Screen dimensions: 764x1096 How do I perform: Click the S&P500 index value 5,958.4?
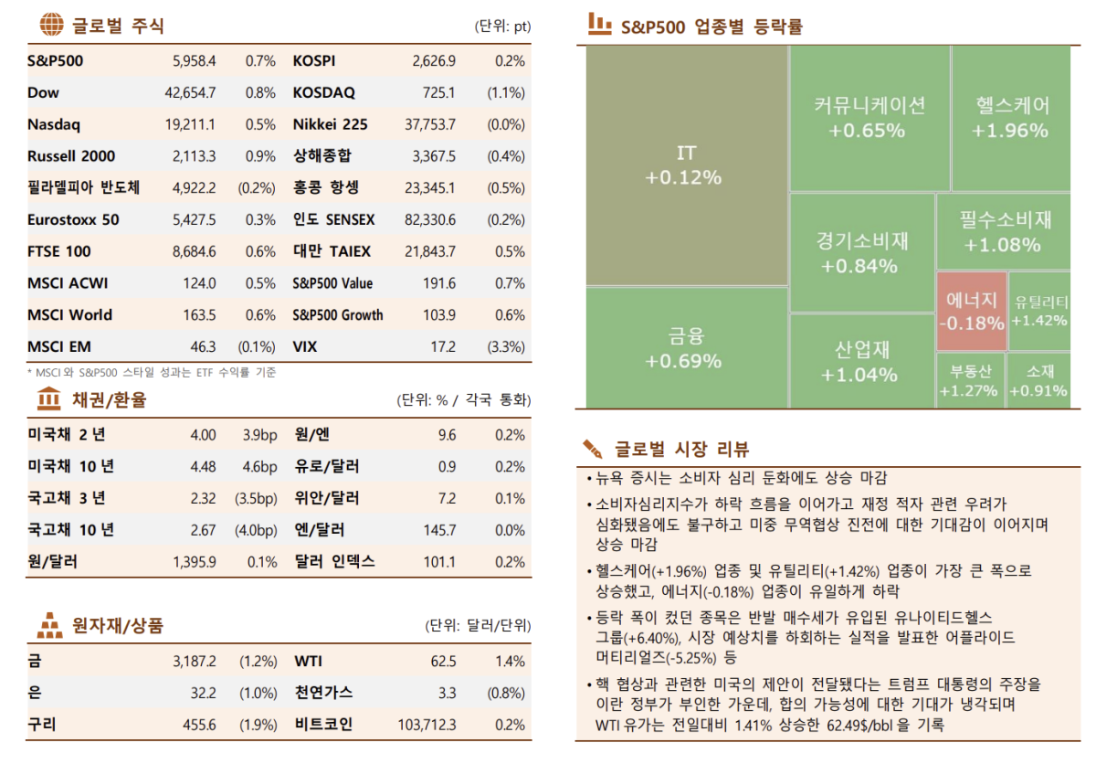coord(194,61)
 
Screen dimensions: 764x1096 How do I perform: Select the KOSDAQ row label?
coord(324,93)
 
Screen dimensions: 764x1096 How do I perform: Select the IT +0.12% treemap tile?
coord(686,165)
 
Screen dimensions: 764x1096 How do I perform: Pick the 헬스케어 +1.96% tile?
coord(1010,117)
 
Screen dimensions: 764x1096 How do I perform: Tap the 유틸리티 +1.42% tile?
coord(1039,311)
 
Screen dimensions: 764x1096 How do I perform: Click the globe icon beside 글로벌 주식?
coord(53,25)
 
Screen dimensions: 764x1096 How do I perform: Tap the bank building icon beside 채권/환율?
coord(48,399)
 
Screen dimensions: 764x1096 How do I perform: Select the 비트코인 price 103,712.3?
coord(427,725)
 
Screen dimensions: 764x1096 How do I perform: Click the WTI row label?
coord(308,662)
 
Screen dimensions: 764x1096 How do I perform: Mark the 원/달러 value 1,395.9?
coord(194,562)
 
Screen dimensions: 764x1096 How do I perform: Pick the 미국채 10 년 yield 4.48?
coord(203,467)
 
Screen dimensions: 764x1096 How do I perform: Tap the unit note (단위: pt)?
coord(502,26)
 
